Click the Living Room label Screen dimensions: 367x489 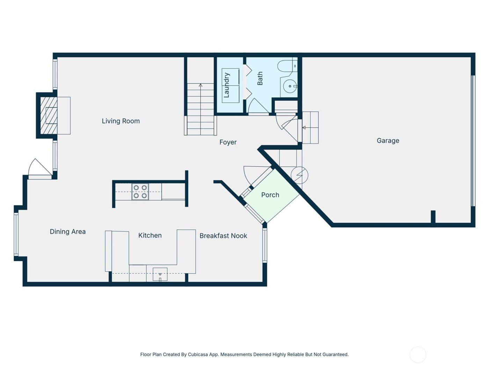[121, 121]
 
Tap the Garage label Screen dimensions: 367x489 [388, 141]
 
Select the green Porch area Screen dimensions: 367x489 [271, 201]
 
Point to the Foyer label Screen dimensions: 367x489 [228, 142]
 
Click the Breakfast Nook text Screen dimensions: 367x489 [223, 236]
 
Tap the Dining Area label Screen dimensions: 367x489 [67, 232]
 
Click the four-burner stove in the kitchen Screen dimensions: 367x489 [140, 192]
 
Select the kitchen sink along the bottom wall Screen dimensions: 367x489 [160, 274]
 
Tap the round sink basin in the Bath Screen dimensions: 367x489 [290, 86]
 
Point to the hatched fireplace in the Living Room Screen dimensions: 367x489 [49, 115]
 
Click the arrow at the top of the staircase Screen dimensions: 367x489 [200, 85]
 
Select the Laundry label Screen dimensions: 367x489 [226, 85]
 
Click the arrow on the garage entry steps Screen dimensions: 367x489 [304, 128]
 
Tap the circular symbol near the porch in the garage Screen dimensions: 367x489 [300, 175]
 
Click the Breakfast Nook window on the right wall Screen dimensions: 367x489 [265, 245]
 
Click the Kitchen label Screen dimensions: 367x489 [150, 236]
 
